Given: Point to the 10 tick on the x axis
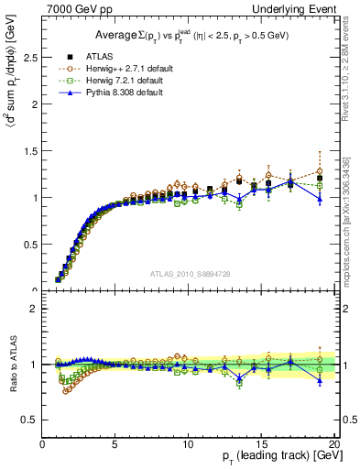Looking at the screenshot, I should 188,442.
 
